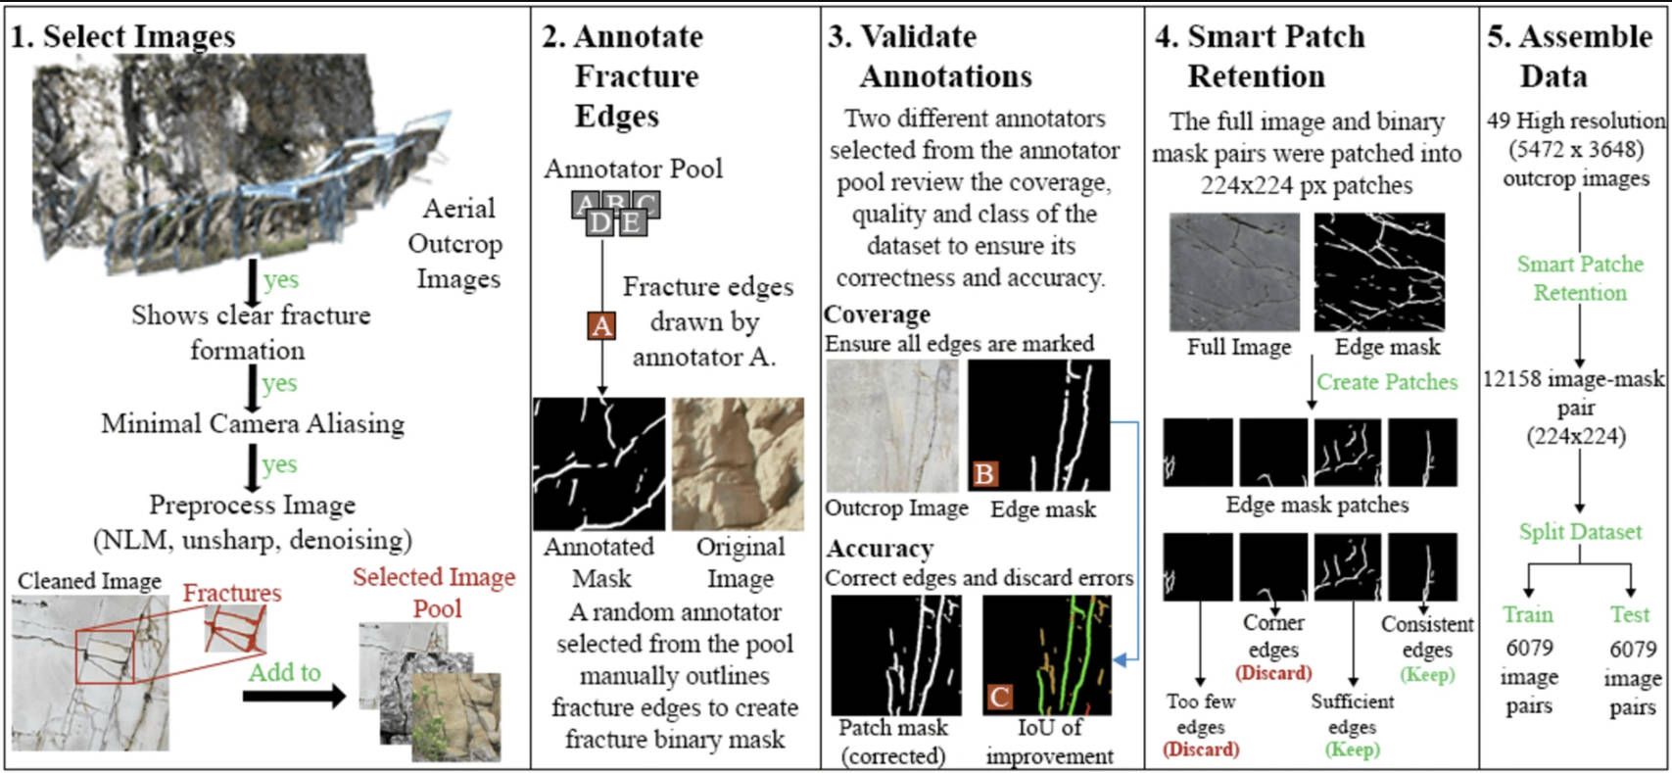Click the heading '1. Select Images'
pos(122,36)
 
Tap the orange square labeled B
pos(984,473)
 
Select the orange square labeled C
pos(999,697)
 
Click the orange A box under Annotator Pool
pos(601,325)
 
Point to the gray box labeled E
pos(632,221)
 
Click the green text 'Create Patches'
pos(1387,382)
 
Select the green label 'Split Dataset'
pos(1580,532)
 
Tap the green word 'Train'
pos(1527,614)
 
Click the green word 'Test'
pos(1629,614)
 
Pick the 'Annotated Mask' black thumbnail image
pos(599,463)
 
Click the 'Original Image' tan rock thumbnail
pos(739,463)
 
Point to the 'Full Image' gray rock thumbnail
pos(1234,271)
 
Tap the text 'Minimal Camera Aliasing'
pos(253,423)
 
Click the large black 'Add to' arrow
pos(295,696)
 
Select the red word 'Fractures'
pos(232,593)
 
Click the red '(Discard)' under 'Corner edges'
pos(1273,673)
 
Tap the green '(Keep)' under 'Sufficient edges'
pos(1352,749)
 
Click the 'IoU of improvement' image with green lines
pos(1046,655)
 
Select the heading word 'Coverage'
pos(877,314)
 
